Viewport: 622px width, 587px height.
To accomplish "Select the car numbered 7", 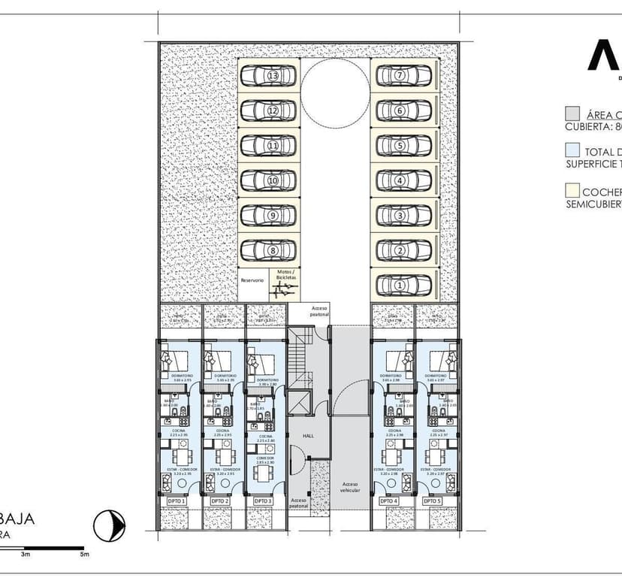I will [x=404, y=75].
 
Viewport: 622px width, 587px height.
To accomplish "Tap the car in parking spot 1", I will [x=404, y=286].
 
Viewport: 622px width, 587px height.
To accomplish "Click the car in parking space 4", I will [x=404, y=180].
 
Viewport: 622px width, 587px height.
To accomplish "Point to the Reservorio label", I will [x=252, y=280].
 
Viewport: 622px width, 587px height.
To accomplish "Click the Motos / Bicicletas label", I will [x=285, y=275].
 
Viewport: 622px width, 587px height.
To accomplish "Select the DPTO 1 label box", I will [x=177, y=501].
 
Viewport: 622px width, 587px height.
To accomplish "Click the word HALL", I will [x=309, y=436].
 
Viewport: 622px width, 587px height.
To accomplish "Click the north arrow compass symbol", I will [x=110, y=524].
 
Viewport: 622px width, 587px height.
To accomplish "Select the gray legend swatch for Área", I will [x=572, y=115].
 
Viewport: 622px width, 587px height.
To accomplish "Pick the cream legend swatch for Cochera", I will [x=572, y=190].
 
